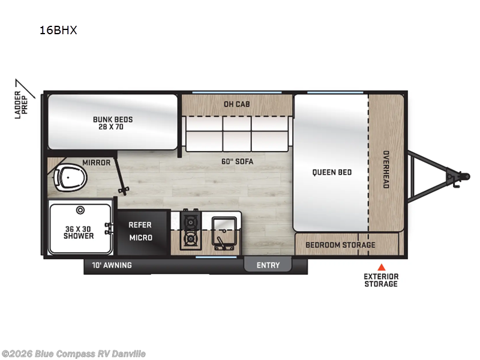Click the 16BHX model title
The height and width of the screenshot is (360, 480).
point(59,31)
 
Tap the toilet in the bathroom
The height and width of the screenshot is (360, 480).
point(70,178)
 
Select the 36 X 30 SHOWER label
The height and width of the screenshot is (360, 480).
point(79,232)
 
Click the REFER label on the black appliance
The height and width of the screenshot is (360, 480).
point(140,225)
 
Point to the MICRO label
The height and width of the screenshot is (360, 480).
point(140,238)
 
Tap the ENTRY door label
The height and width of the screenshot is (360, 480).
point(268,265)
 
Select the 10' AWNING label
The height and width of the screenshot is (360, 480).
point(112,265)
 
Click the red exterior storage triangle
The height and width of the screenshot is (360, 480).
point(380,267)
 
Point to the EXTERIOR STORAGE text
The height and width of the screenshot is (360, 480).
point(380,280)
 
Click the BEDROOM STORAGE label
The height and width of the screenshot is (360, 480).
point(340,245)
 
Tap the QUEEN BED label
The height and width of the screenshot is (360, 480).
point(332,172)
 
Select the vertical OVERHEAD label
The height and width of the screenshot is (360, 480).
point(386,169)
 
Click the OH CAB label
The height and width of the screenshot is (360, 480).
point(236,104)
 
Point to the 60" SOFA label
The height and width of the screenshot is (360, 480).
point(236,161)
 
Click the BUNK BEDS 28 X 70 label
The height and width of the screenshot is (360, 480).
point(113,123)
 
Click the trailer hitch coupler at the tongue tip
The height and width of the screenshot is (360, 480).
point(464,176)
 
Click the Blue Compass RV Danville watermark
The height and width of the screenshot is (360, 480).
point(73,353)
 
